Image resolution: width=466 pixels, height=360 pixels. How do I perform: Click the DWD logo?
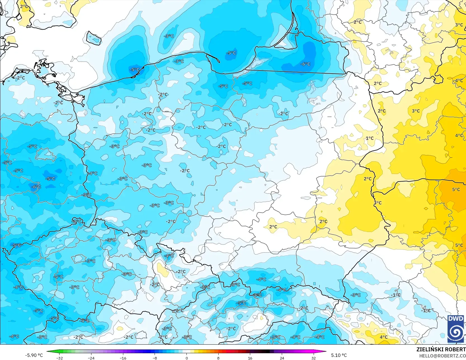tap(456, 329)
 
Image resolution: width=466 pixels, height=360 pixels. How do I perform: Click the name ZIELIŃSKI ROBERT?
tap(441, 349)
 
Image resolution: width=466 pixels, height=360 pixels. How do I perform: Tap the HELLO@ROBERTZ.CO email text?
tap(442, 356)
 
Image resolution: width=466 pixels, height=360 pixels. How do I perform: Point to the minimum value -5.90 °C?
tap(34, 355)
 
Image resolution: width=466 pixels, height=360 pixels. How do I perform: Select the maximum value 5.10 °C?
tap(339, 355)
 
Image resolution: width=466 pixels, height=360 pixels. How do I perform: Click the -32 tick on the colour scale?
tap(60, 358)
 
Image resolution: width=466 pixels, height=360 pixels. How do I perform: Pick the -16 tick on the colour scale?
tap(123, 358)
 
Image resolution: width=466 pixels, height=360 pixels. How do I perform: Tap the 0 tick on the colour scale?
tap(186, 358)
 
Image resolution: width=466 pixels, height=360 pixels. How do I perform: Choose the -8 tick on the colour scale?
tap(155, 358)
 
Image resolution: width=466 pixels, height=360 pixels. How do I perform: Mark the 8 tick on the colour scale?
tap(218, 358)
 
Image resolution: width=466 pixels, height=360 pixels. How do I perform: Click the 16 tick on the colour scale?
tap(250, 358)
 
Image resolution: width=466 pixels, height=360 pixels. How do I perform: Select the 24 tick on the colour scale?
tap(282, 358)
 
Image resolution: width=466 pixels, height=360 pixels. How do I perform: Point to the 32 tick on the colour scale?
tap(313, 358)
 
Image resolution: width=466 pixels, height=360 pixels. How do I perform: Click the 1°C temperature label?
tap(370, 138)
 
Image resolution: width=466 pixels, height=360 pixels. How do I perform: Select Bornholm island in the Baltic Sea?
tap(94, 38)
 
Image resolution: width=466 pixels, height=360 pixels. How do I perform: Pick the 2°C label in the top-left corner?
tap(24, 6)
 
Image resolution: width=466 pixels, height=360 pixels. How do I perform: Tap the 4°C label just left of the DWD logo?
tap(384, 337)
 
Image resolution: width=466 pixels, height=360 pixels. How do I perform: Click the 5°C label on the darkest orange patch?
tap(456, 189)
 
